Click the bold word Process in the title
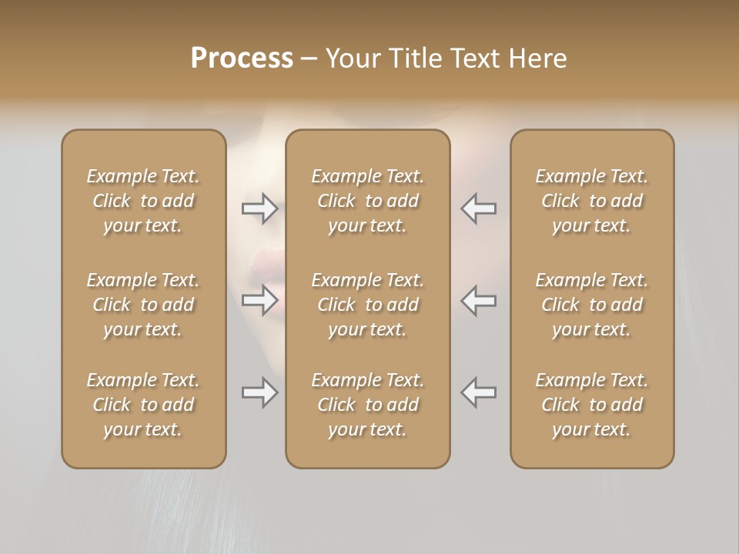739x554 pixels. (242, 58)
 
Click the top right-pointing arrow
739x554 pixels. (260, 208)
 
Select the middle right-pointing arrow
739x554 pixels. (260, 300)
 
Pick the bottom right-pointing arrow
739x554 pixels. (260, 392)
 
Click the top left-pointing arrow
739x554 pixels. (479, 208)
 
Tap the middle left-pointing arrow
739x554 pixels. (479, 300)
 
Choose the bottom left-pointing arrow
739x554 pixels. (479, 392)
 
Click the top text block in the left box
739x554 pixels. (143, 201)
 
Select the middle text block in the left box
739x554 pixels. (143, 305)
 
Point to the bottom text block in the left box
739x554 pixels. (143, 405)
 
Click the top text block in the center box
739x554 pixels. (368, 201)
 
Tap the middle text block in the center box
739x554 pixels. (368, 305)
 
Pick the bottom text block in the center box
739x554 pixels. (368, 405)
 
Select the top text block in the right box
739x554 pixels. (592, 201)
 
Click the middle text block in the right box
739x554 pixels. (592, 305)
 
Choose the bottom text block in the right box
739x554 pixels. (592, 405)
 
